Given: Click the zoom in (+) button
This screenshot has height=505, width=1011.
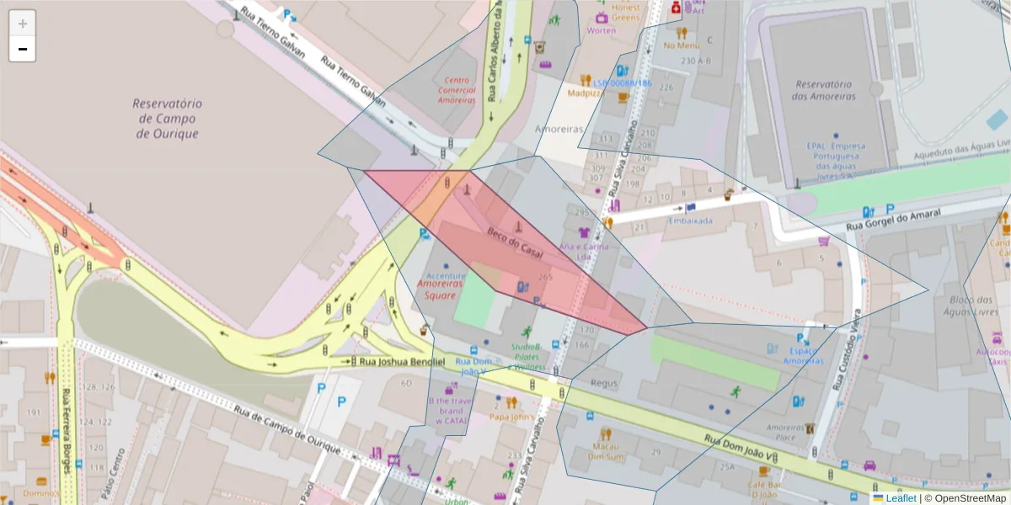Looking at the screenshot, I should click(23, 24).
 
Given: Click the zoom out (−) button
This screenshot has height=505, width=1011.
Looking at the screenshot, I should click(23, 49).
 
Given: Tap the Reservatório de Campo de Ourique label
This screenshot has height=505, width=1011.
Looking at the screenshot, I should click(167, 118).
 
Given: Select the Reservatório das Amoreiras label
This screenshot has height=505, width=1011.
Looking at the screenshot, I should click(825, 90).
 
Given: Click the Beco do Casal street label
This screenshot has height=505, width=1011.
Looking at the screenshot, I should click(514, 242).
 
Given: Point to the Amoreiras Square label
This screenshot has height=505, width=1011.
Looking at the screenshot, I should click(440, 290).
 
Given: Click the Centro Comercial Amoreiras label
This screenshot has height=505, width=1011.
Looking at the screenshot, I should click(457, 89).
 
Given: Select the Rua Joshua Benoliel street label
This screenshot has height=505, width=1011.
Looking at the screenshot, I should click(402, 361).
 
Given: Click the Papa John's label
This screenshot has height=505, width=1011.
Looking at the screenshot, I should click(511, 416).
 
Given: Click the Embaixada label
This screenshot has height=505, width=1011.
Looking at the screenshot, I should click(690, 221).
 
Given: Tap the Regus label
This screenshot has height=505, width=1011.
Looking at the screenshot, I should click(604, 384).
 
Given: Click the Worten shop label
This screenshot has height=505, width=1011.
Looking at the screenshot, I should click(601, 30).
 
